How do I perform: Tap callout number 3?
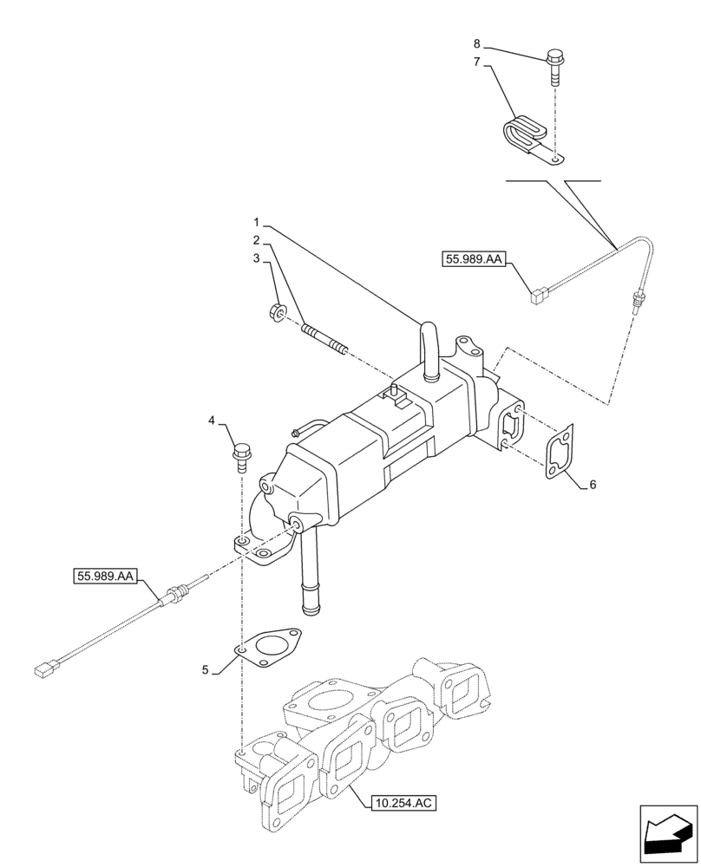tap(257, 258)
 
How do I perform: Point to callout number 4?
tap(212, 422)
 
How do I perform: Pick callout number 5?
tap(206, 669)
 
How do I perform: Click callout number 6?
tap(592, 485)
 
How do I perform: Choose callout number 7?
tap(476, 62)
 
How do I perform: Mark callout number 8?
tap(476, 42)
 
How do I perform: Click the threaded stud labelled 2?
tap(325, 339)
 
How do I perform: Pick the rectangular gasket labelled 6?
tap(560, 451)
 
